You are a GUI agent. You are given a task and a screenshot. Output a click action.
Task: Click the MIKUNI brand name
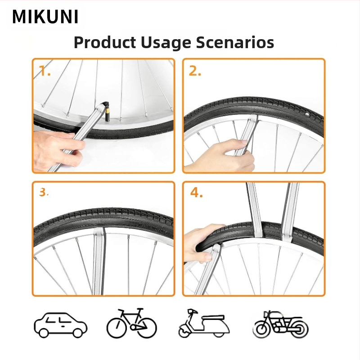45,17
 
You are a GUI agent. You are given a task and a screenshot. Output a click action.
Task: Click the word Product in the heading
105,42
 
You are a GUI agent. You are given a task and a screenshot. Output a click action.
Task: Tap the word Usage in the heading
166,43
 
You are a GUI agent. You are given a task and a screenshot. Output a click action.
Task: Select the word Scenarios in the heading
235,42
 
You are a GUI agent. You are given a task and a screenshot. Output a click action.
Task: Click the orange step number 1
45,71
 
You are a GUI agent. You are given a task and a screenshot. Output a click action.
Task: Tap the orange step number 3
44,192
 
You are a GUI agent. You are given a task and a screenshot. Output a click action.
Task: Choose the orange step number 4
196,193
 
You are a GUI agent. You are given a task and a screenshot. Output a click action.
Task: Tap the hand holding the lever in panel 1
58,149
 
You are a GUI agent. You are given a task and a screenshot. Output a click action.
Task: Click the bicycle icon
132,323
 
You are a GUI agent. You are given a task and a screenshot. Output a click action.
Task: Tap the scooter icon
204,323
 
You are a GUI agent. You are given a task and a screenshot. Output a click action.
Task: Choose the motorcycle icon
282,324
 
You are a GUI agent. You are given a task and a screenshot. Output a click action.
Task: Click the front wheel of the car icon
44,333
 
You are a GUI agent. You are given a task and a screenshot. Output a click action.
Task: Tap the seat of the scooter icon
212,317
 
